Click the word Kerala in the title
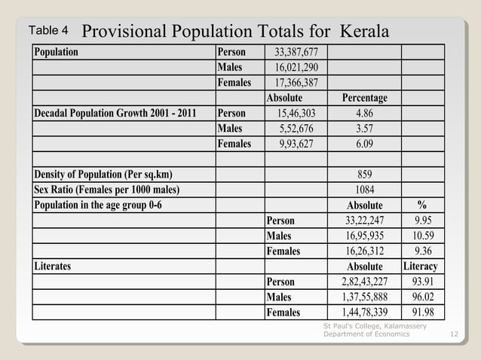coord(365,32)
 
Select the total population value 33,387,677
coord(296,52)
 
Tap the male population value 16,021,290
coord(296,67)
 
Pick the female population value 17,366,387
coord(296,83)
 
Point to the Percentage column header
coord(365,98)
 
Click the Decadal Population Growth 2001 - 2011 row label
coord(115,113)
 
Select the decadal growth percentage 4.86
coord(365,113)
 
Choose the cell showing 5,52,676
coord(296,129)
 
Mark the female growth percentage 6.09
coord(365,144)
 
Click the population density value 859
coord(365,175)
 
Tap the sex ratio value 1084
coord(365,190)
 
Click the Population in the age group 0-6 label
coord(98,205)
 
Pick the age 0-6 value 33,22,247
coord(365,221)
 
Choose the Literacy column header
coord(421,267)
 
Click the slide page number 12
coord(453,334)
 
